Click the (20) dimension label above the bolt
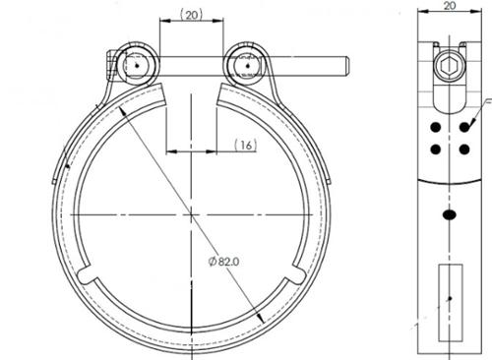coord(192,15)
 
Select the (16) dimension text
coord(246,145)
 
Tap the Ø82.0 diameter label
coord(224,262)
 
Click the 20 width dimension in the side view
coord(450,5)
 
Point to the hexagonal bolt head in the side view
coord(450,67)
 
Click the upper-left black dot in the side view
coord(435,127)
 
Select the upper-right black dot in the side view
coord(464,127)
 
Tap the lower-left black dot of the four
coord(435,150)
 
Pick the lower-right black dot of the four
coord(464,150)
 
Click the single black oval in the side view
coord(450,214)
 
